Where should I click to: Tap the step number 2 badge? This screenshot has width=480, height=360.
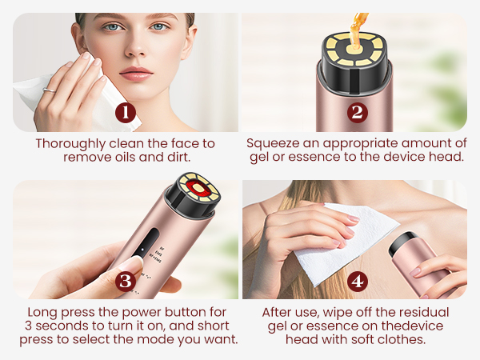[x=358, y=112]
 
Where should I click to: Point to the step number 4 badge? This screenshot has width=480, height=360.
[x=357, y=281]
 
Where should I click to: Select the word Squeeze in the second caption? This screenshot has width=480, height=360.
[x=274, y=143]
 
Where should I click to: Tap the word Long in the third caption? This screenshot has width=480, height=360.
[x=42, y=312]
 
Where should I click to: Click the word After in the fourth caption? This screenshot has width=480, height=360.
[x=278, y=312]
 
